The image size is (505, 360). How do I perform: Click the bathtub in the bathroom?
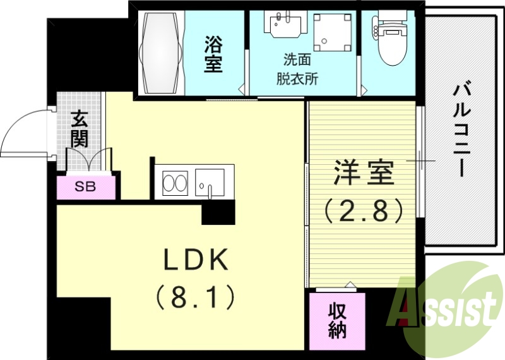click(x=161, y=53)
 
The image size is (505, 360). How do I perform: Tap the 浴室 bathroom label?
click(x=213, y=55)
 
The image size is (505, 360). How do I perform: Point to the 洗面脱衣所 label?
click(x=297, y=70)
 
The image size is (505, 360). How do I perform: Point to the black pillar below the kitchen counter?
click(x=218, y=213)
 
